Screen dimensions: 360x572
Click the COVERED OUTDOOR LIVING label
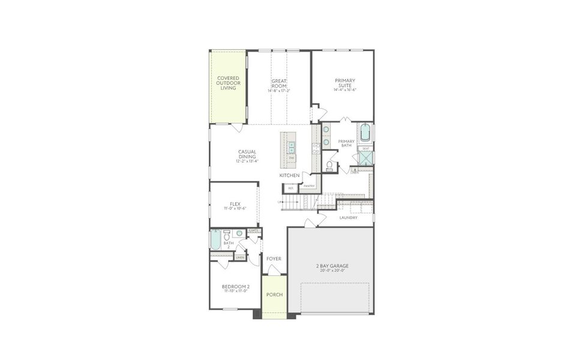click(x=227, y=83)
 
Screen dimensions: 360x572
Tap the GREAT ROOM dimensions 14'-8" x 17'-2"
click(x=279, y=91)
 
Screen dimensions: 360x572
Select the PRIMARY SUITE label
click(x=345, y=83)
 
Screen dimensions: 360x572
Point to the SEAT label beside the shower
click(x=366, y=148)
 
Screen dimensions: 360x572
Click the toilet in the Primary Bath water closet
click(x=330, y=166)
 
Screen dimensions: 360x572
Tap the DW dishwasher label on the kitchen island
click(x=291, y=158)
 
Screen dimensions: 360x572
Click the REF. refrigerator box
click(x=291, y=188)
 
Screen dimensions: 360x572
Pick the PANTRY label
click(x=309, y=186)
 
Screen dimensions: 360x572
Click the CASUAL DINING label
click(x=247, y=154)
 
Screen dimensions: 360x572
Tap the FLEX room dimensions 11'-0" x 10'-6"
click(x=235, y=209)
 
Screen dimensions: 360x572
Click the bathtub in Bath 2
click(x=215, y=241)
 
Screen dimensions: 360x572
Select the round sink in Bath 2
click(x=239, y=233)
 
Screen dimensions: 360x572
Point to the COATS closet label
click(x=253, y=230)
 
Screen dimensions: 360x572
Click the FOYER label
click(x=274, y=259)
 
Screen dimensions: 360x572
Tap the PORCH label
click(x=274, y=295)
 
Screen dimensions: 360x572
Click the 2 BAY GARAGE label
click(x=332, y=265)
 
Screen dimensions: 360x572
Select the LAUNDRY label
click(x=348, y=217)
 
